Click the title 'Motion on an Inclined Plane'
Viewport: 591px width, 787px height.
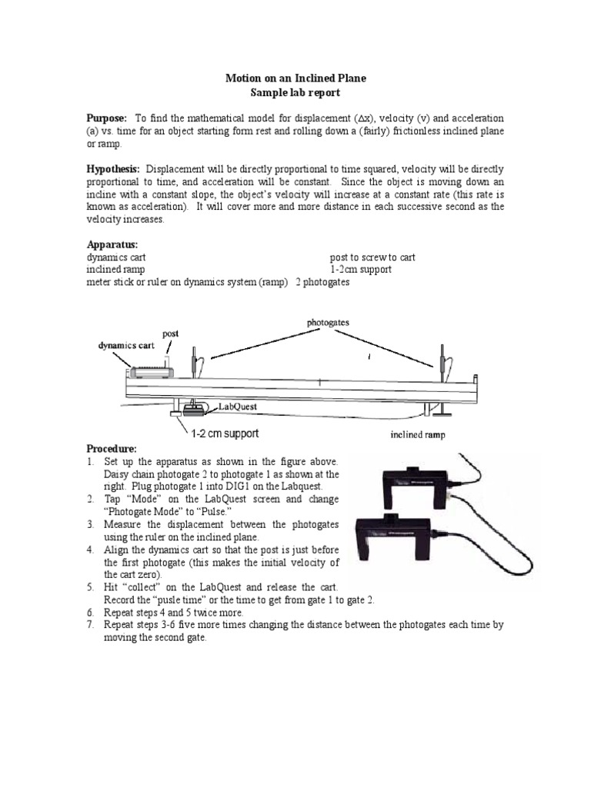tap(295, 78)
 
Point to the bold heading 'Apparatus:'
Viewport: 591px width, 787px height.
tap(112, 244)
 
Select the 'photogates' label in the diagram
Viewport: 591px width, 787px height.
tap(327, 323)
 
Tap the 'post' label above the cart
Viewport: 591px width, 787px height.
tap(170, 334)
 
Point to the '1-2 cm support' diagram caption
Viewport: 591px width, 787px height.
tap(224, 433)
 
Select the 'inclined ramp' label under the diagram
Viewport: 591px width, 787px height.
tap(417, 434)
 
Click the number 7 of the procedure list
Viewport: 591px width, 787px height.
tap(90, 626)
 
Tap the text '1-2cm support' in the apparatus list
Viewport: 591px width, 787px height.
tap(360, 270)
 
